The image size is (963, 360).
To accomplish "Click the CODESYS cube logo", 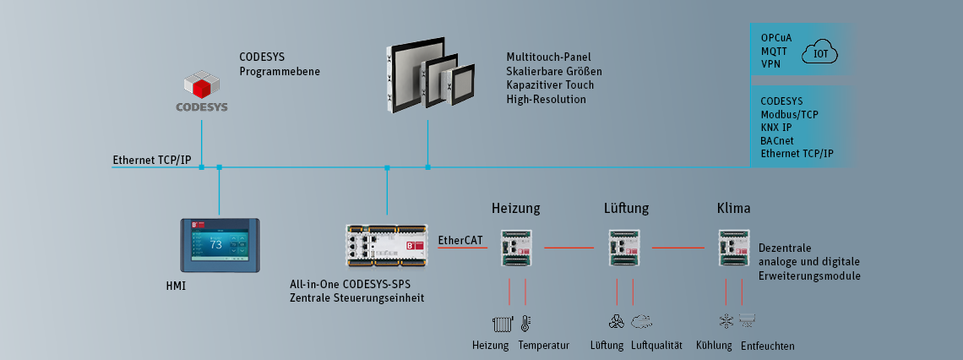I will point(202,86).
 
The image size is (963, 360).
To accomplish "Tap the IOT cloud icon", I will point(820,53).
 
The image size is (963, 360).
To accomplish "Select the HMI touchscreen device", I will point(219,246).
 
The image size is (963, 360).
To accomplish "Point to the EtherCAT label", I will point(460,241).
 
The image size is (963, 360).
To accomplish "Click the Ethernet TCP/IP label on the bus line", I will point(152,160).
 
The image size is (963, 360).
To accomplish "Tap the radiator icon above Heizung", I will point(501,323).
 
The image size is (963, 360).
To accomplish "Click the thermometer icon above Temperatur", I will point(525,323).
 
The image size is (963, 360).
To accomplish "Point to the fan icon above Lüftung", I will point(617,321).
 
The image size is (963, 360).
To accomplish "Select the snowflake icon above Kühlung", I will point(725,321).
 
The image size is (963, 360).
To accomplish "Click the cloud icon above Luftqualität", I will point(641,321).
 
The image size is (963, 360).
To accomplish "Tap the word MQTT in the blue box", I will point(774,51).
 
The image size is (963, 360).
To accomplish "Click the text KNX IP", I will point(776,127).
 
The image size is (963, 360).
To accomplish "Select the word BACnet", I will point(777,140).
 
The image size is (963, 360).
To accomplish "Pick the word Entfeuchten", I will point(767,346).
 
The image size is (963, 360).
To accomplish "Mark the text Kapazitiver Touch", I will point(550,85).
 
